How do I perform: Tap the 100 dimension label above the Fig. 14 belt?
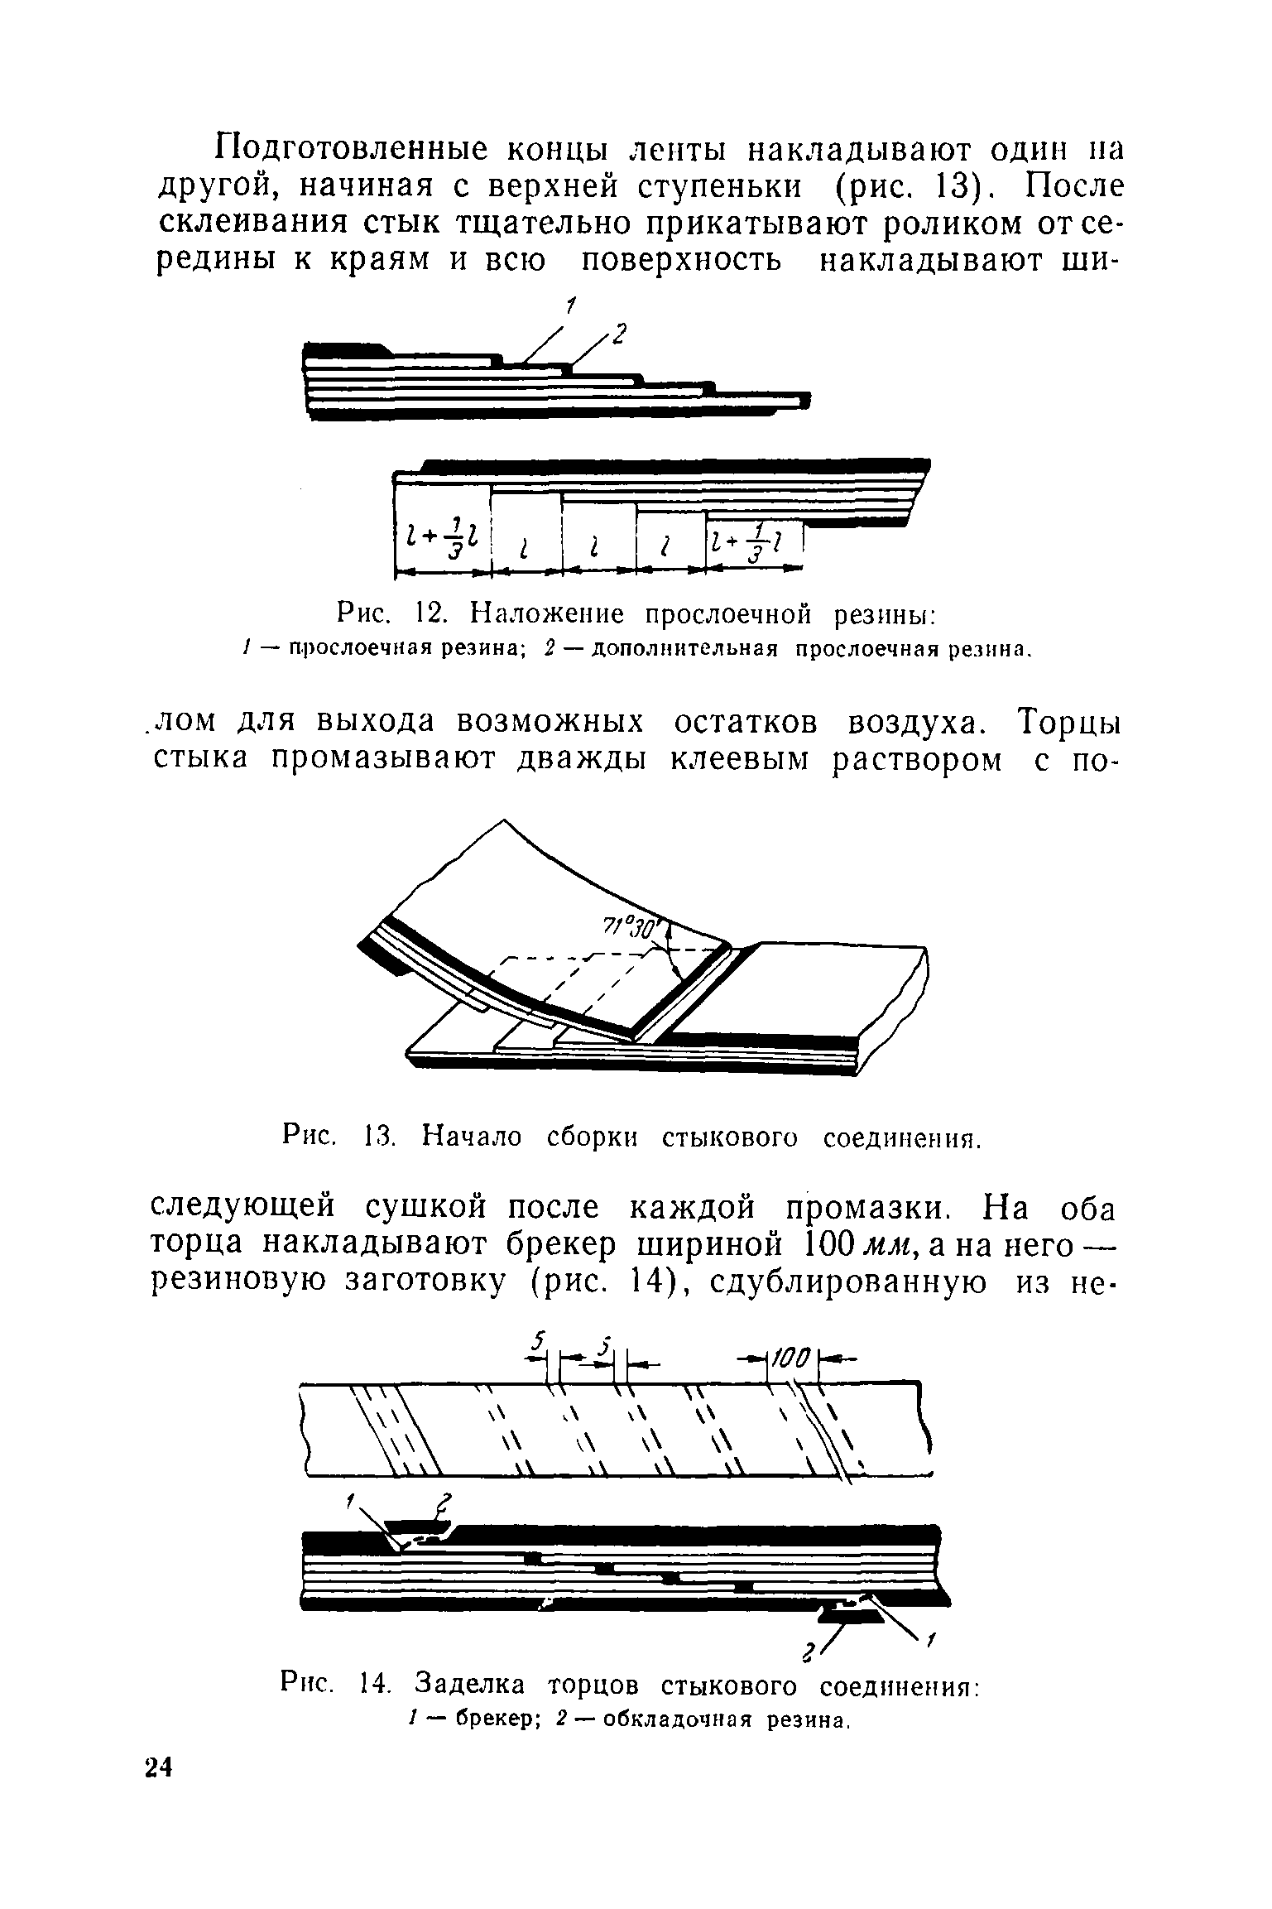click(793, 1358)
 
